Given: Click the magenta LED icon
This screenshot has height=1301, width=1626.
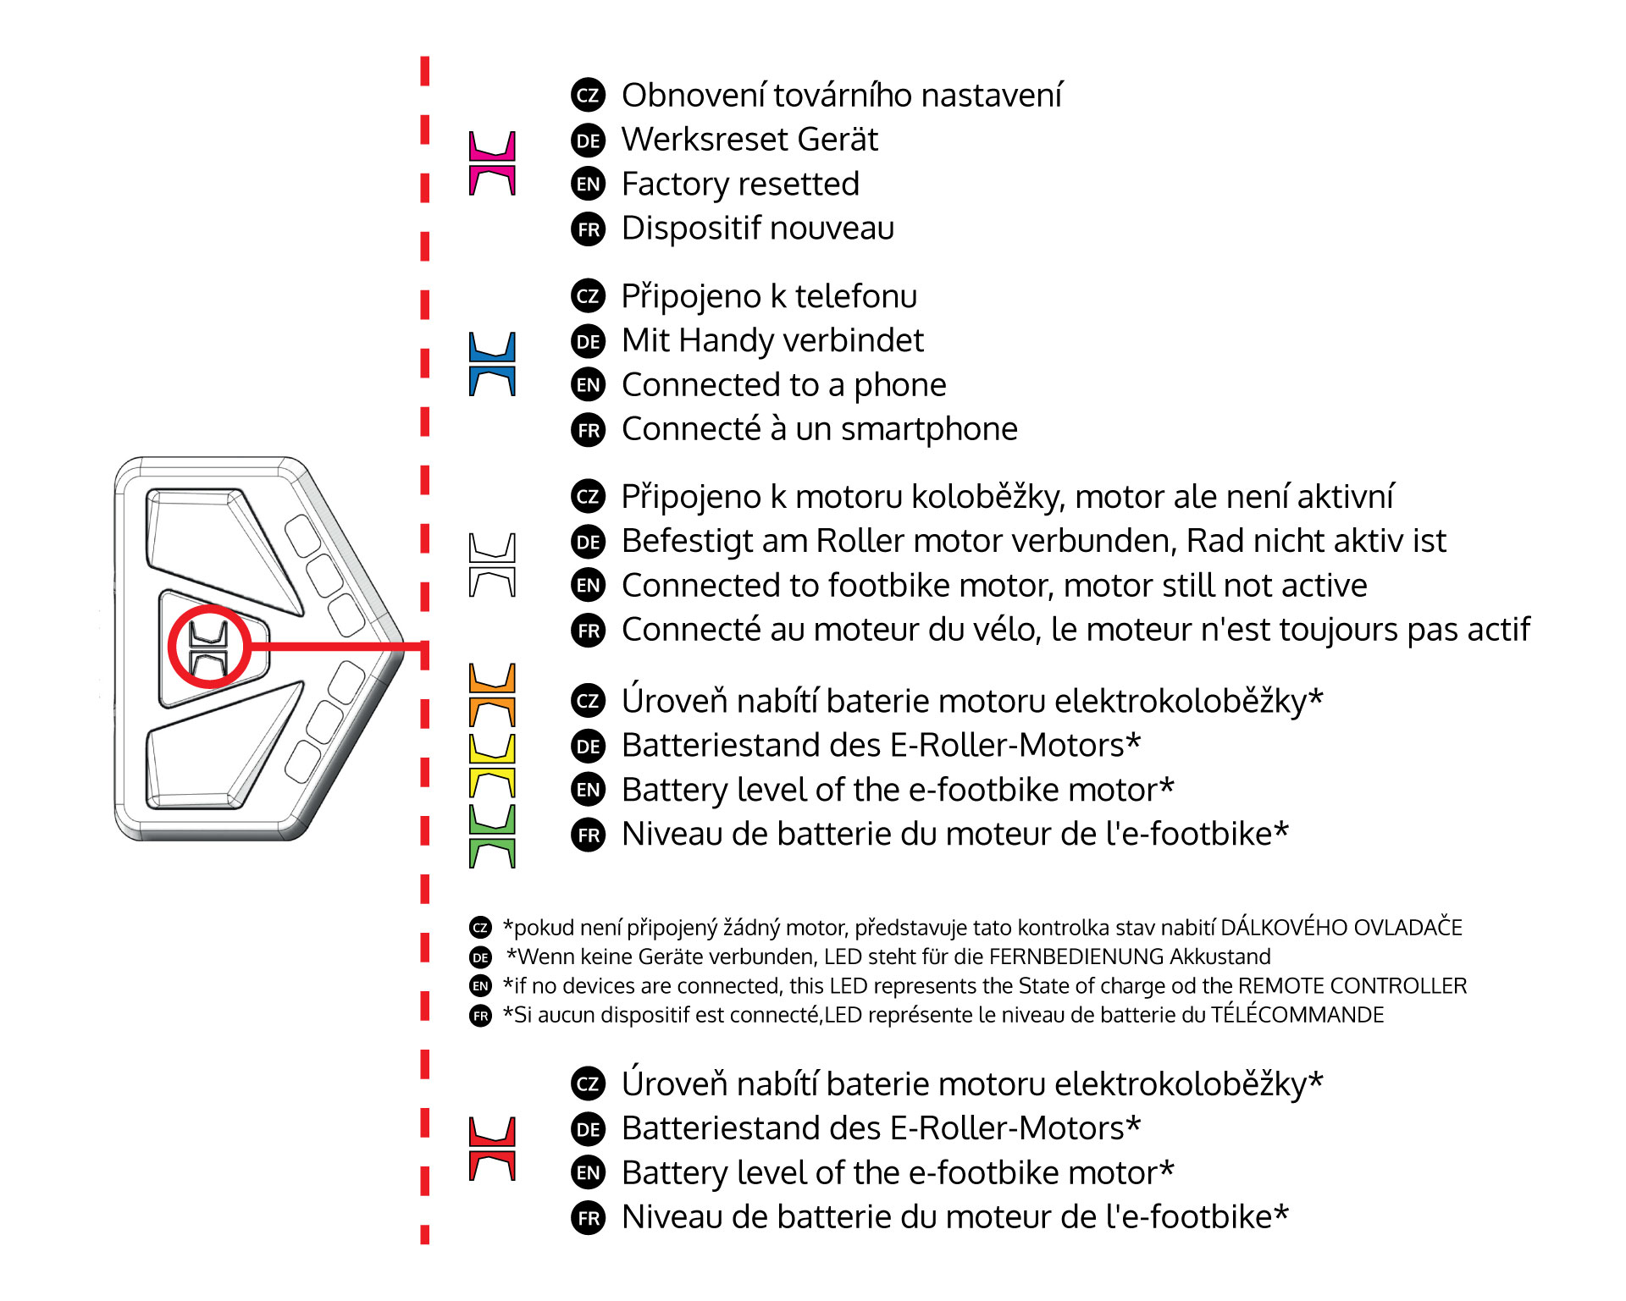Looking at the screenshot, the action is click(492, 163).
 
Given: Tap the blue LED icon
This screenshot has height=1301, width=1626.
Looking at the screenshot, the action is click(492, 364).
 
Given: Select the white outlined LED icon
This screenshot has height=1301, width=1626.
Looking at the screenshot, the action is click(492, 565).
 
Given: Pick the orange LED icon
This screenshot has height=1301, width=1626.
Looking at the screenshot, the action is click(492, 695).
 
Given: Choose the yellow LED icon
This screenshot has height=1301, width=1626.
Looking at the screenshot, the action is click(492, 766).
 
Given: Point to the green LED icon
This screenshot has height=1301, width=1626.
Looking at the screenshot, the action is click(492, 836).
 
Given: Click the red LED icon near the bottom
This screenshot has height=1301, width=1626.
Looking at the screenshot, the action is click(492, 1149).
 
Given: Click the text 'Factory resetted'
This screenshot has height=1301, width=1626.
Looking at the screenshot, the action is click(740, 184).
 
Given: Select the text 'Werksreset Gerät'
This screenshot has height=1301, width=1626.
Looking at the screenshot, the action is click(749, 140).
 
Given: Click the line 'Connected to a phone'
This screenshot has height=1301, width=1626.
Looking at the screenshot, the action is click(783, 385).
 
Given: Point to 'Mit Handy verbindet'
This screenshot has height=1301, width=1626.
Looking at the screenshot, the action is click(772, 340).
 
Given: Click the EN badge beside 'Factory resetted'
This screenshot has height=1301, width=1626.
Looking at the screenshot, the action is click(589, 185).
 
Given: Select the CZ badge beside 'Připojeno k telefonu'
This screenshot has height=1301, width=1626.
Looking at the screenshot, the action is click(589, 296).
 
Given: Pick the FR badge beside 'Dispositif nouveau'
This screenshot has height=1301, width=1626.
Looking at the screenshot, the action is click(589, 229).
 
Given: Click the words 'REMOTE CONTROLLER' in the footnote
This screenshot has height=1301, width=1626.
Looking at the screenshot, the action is click(1352, 986).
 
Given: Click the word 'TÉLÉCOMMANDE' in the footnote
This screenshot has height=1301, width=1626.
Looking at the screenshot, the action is click(1297, 1015).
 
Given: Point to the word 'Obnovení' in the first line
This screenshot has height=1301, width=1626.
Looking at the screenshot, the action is click(694, 95).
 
